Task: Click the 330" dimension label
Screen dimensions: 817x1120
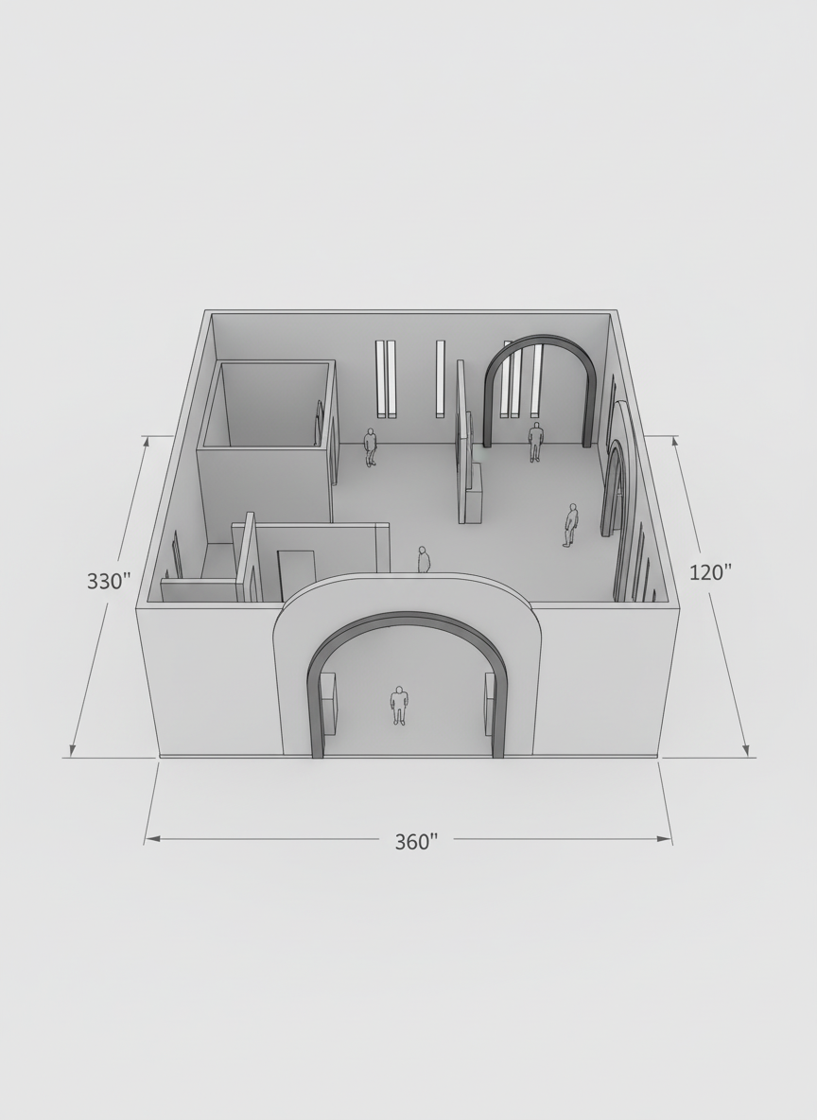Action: click(x=110, y=582)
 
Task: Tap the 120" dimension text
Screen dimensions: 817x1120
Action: click(x=710, y=571)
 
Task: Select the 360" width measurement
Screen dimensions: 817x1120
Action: click(x=416, y=842)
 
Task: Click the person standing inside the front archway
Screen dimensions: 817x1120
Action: click(x=399, y=706)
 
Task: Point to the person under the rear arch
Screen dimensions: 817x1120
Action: click(x=535, y=442)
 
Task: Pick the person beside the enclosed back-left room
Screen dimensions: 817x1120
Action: click(x=370, y=447)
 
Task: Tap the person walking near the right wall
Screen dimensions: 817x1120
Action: click(x=570, y=525)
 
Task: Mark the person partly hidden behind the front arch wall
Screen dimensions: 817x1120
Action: click(x=425, y=559)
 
